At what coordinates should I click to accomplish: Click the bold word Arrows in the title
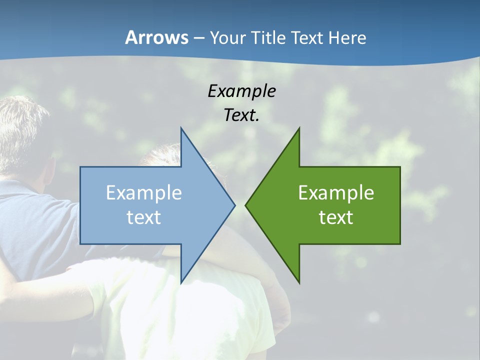pyautogui.click(x=156, y=37)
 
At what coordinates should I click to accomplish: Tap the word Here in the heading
pyautogui.click(x=347, y=37)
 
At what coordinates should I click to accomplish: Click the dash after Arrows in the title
pyautogui.click(x=198, y=38)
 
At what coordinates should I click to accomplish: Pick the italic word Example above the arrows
pyautogui.click(x=241, y=91)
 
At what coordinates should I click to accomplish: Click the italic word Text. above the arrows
pyautogui.click(x=241, y=115)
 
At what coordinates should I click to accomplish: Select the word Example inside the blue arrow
pyautogui.click(x=144, y=193)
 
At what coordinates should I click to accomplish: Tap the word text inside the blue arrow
pyautogui.click(x=144, y=217)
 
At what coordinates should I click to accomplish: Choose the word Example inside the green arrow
pyautogui.click(x=336, y=193)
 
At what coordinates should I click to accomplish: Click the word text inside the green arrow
pyautogui.click(x=336, y=217)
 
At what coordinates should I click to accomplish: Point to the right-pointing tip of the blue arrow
pyautogui.click(x=235, y=205)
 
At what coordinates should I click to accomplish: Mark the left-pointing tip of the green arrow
pyautogui.click(x=245, y=205)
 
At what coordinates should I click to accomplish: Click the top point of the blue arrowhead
pyautogui.click(x=181, y=128)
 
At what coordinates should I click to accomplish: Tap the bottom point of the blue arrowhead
pyautogui.click(x=181, y=283)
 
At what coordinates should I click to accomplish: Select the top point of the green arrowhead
pyautogui.click(x=299, y=128)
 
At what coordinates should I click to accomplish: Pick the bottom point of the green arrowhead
pyautogui.click(x=299, y=283)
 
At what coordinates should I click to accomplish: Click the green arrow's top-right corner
pyautogui.click(x=400, y=167)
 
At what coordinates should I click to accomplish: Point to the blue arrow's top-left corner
pyautogui.click(x=80, y=167)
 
